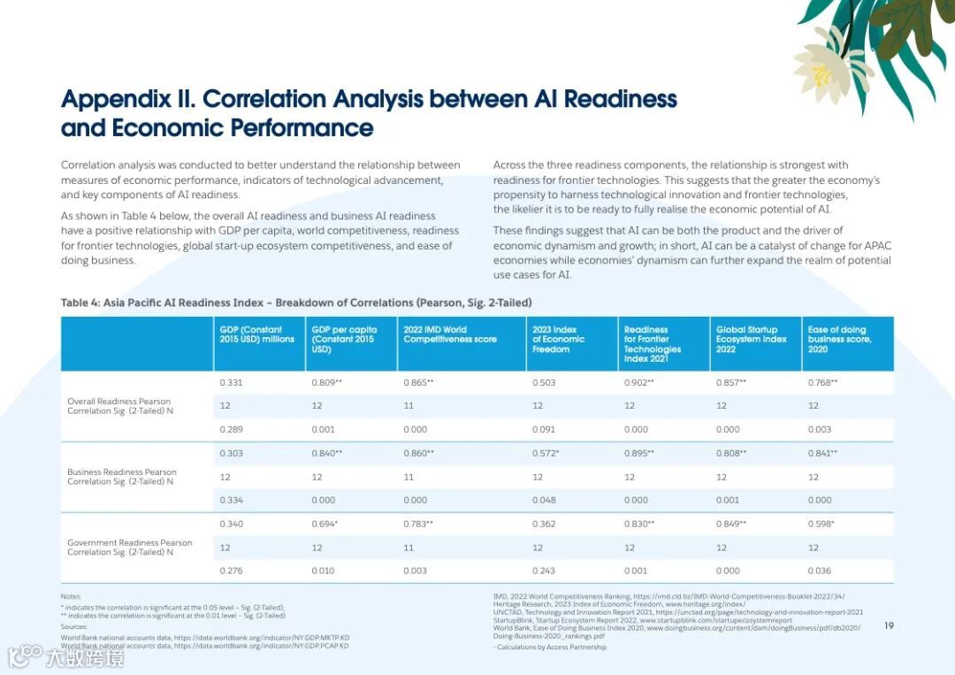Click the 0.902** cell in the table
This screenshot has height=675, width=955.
coord(638,382)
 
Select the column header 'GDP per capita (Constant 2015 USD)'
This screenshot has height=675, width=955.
coord(344,339)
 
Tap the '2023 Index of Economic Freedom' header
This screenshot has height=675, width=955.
coord(558,339)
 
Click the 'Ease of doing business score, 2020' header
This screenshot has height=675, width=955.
coord(839,339)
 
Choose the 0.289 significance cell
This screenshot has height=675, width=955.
coord(231,430)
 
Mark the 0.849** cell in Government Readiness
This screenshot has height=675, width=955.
coord(730,524)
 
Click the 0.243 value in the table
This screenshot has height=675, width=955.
coord(544,571)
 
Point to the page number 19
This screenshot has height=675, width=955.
coord(889,626)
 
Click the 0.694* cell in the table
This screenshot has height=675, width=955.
coord(325,524)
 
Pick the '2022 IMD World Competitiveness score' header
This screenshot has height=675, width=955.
coord(450,334)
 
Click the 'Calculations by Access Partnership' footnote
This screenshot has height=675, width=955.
coord(551,647)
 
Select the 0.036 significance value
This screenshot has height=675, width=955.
coord(820,571)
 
